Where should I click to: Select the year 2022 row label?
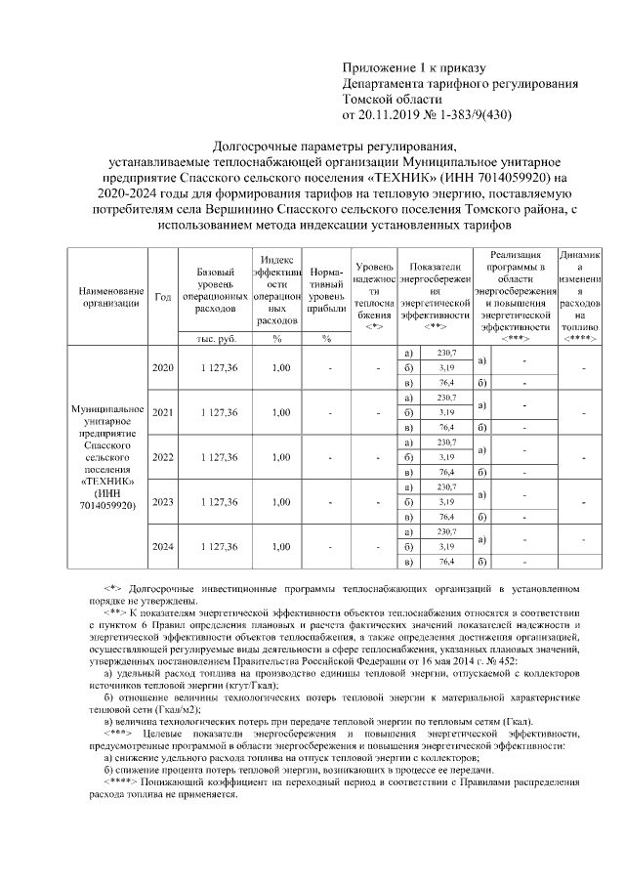162,457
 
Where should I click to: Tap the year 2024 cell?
162,547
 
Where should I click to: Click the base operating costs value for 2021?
219,412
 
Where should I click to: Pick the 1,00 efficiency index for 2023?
281,502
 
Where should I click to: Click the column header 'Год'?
162,297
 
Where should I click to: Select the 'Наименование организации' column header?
106,297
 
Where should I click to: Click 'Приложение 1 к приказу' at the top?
413,68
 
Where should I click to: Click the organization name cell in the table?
106,456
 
